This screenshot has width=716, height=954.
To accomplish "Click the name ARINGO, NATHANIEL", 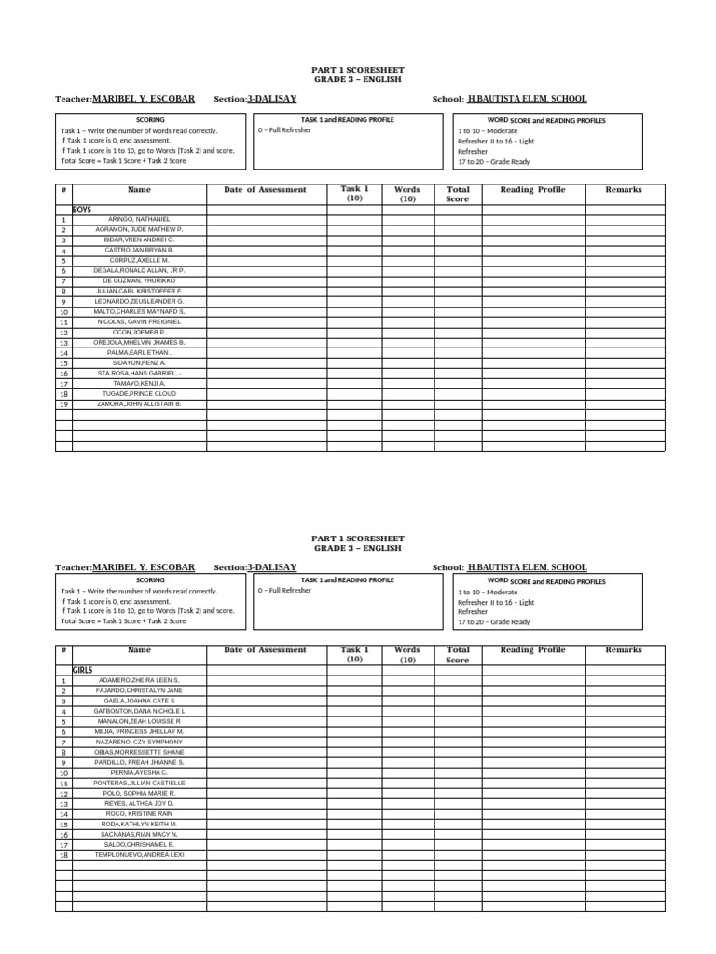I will [x=139, y=220].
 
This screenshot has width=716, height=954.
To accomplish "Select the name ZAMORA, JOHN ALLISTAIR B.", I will [x=139, y=404].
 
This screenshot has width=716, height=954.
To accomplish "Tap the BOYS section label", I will [x=82, y=210].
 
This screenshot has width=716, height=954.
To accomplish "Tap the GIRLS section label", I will [x=82, y=670].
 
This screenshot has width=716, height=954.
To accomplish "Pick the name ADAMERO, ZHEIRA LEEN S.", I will [x=139, y=681].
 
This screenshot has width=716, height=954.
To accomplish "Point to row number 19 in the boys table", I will [x=63, y=404].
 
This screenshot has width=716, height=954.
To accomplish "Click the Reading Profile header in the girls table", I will [x=532, y=650].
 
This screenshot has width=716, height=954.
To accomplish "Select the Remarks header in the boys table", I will [x=624, y=189].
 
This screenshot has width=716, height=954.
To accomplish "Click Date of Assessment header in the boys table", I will [x=265, y=189].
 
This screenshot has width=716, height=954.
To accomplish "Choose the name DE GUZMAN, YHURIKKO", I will [x=139, y=281].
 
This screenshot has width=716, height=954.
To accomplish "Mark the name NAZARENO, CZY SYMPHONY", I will [x=139, y=742].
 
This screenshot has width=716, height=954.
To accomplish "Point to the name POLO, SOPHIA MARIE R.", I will [x=139, y=793].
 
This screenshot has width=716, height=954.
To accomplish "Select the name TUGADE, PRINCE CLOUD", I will [x=139, y=394].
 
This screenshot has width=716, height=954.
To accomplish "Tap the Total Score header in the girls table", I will [x=458, y=655].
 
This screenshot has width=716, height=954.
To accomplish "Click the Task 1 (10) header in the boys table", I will [x=354, y=194].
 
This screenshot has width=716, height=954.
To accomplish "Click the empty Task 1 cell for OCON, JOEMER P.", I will [x=354, y=333].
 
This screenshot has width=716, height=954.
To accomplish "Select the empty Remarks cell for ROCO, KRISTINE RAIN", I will [x=624, y=813].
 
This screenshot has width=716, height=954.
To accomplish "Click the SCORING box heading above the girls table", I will [x=150, y=580].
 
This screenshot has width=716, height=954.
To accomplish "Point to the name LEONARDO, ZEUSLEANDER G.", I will [x=139, y=302].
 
